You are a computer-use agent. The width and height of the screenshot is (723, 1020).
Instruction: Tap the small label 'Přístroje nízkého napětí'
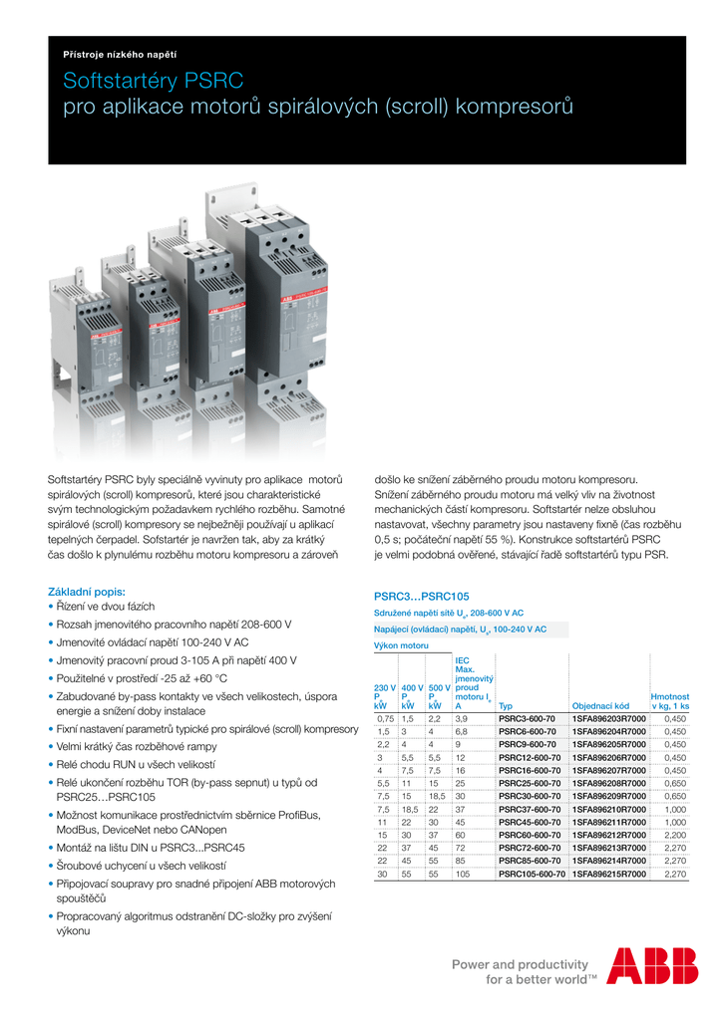(119, 54)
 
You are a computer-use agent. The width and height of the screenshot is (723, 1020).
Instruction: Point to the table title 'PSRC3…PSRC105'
(421, 596)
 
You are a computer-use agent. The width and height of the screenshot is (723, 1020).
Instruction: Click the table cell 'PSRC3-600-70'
(529, 718)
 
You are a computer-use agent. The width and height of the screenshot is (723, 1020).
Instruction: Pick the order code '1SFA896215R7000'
(608, 874)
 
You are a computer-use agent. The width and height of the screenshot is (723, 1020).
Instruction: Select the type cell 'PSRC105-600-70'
(532, 874)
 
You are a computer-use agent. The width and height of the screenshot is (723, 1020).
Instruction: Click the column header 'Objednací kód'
(600, 705)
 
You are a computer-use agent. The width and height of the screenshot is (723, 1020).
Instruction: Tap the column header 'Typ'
(506, 705)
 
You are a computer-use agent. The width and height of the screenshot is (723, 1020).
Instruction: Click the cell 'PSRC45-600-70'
(529, 822)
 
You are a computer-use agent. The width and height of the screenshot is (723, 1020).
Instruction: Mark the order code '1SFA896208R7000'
(608, 783)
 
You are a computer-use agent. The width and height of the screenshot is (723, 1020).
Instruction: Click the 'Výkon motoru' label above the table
(401, 645)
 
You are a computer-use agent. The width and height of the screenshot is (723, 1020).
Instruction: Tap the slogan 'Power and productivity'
(520, 964)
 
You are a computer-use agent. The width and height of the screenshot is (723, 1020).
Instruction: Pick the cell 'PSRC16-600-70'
(529, 770)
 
